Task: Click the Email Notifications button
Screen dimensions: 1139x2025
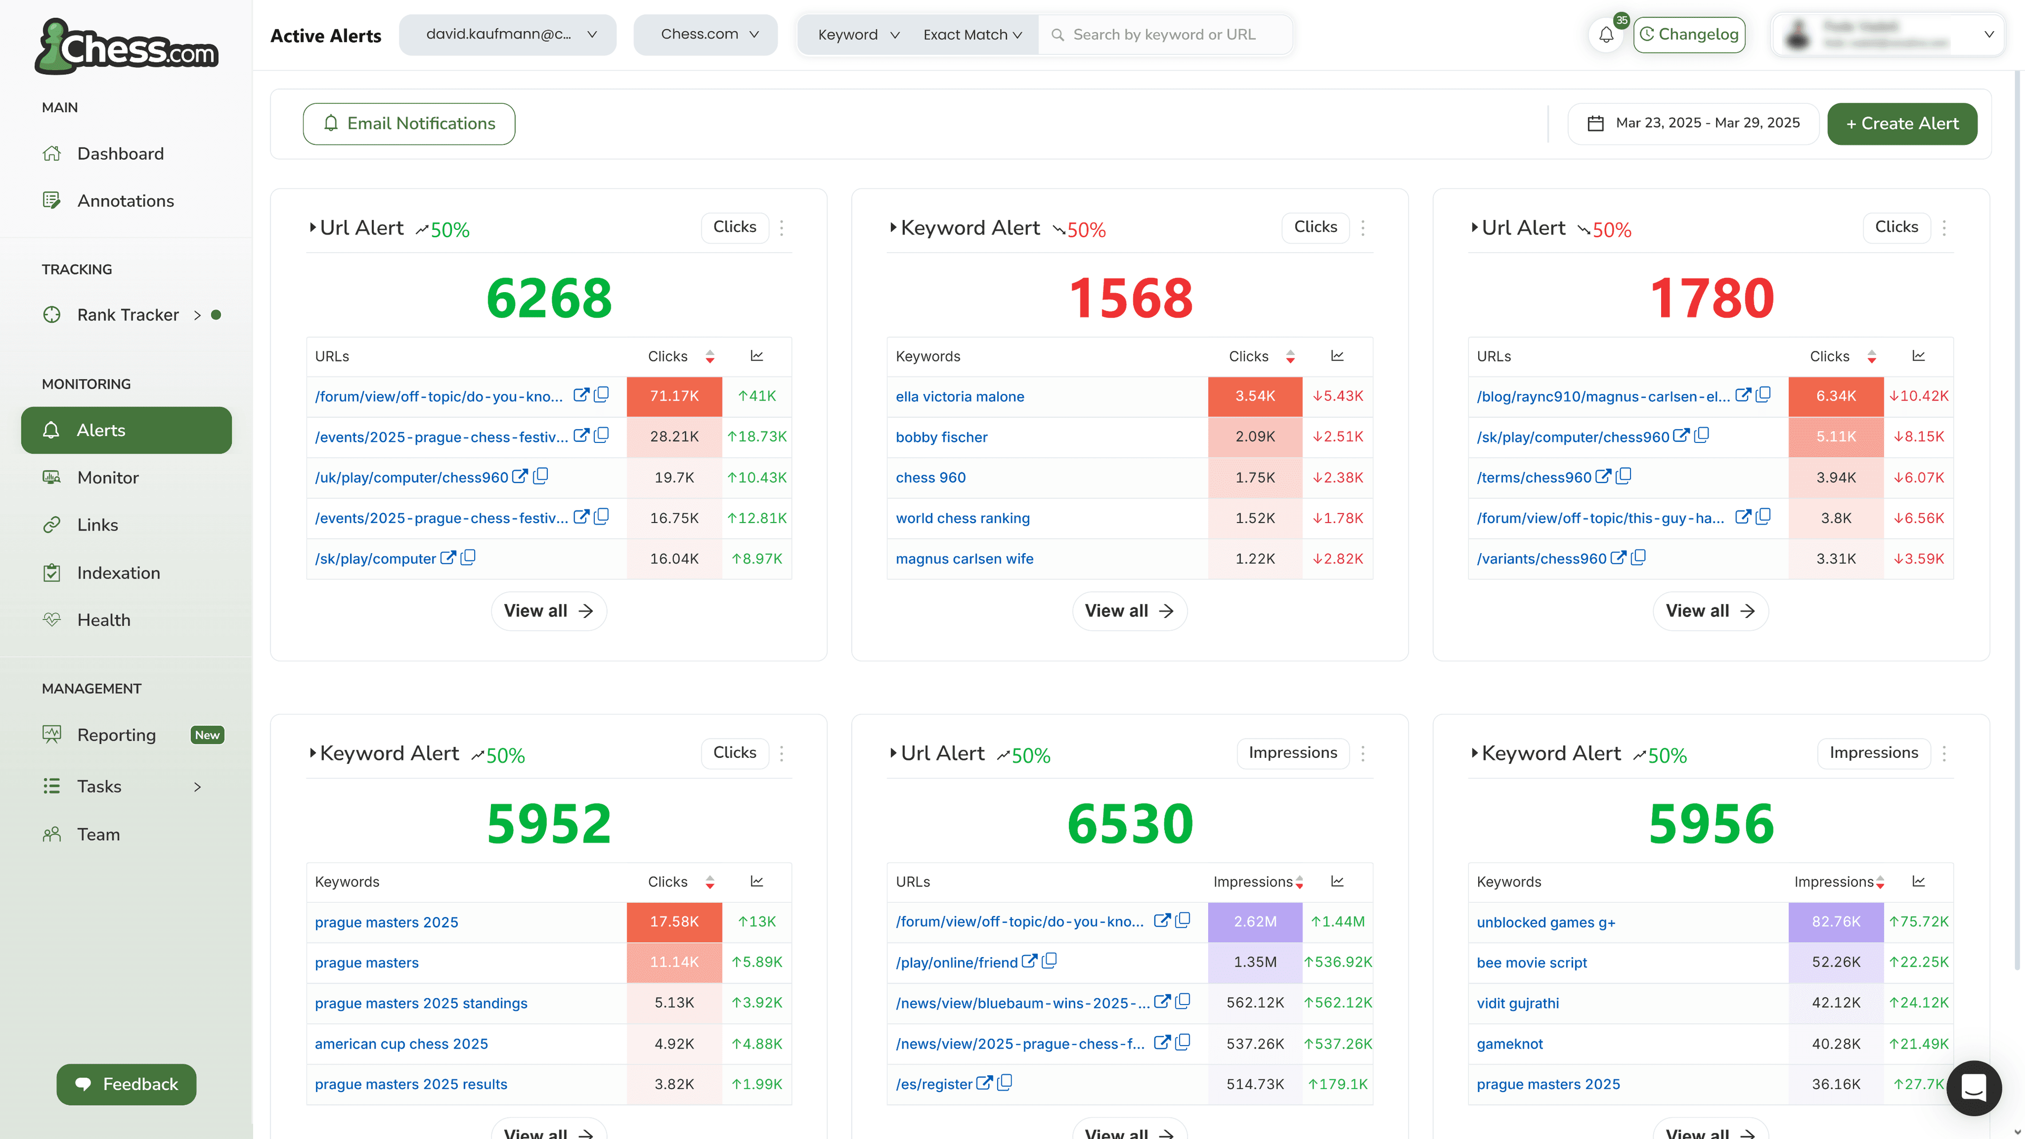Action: coord(409,123)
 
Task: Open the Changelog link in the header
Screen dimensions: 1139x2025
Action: coord(1689,35)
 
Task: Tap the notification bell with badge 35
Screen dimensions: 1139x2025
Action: coord(1606,35)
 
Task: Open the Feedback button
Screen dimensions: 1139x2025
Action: coord(127,1084)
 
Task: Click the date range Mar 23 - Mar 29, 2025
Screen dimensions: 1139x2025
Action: coord(1693,123)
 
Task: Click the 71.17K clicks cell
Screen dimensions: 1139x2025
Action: coord(674,396)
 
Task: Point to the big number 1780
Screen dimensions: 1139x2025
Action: coord(1711,298)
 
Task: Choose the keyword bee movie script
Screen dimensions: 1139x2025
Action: coord(1531,963)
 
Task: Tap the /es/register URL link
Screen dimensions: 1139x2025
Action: coord(934,1085)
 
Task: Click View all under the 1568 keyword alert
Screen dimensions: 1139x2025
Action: coord(1129,611)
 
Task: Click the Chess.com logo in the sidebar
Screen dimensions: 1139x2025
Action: coord(127,47)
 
